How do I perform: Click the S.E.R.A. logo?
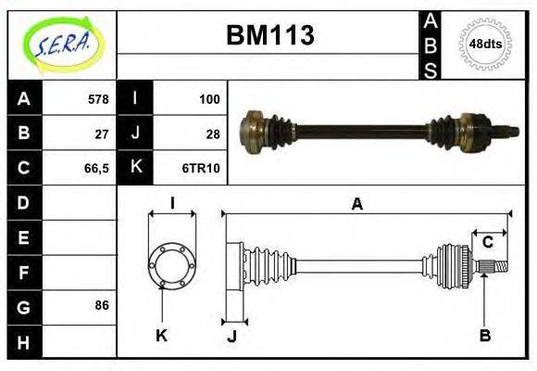point(61,42)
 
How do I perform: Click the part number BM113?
point(270,35)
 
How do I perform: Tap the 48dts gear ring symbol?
point(486,44)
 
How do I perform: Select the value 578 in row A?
point(97,98)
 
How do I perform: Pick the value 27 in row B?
point(102,133)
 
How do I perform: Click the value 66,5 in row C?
point(96,168)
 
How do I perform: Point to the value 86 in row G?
point(102,304)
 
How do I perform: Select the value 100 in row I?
point(208,98)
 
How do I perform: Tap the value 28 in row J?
point(212,133)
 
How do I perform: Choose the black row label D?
point(23,201)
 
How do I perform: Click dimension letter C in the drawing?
point(487,242)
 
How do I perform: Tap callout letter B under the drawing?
point(484,335)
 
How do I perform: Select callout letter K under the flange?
point(161,335)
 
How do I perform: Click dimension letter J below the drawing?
point(231,337)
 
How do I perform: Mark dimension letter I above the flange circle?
point(172,203)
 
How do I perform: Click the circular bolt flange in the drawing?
point(172,263)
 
